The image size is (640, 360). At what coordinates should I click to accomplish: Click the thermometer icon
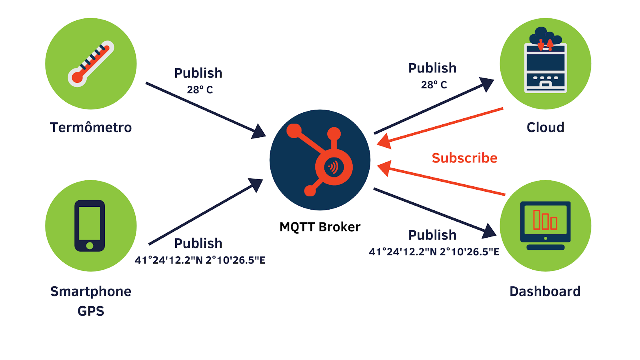click(x=91, y=64)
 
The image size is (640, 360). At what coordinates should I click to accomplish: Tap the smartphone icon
click(x=90, y=226)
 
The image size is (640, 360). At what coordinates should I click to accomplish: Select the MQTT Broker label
click(x=320, y=227)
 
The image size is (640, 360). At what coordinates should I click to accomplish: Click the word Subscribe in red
click(x=464, y=158)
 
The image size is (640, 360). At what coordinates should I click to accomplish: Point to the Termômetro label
click(x=91, y=128)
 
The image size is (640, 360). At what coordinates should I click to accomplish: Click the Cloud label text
click(x=545, y=128)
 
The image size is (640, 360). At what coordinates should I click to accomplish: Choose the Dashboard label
click(x=545, y=292)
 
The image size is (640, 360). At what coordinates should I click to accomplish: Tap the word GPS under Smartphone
click(x=91, y=311)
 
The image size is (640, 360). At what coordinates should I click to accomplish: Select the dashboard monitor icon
click(x=545, y=225)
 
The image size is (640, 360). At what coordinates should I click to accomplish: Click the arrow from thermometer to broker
click(x=204, y=108)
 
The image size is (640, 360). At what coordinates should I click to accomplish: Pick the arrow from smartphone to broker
click(x=204, y=212)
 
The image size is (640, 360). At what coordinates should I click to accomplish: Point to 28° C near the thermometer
click(x=200, y=90)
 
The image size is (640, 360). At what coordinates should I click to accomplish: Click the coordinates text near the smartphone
click(x=200, y=260)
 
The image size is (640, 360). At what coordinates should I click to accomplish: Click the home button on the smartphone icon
click(x=90, y=246)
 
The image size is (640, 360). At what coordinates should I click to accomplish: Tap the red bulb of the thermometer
click(x=77, y=78)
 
